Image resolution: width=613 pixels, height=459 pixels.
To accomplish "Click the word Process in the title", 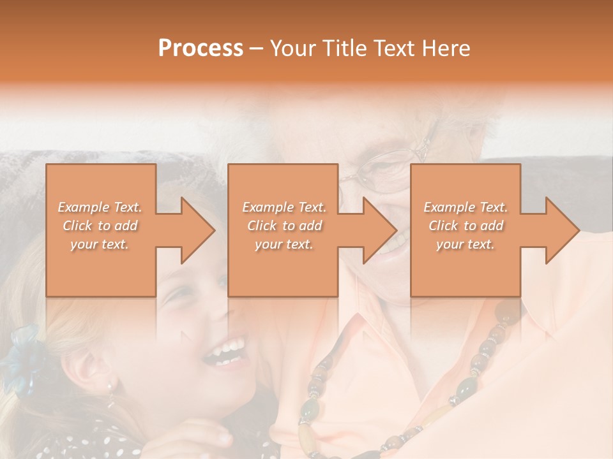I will tap(201, 48).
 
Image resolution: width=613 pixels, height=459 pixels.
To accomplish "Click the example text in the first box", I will tap(100, 225).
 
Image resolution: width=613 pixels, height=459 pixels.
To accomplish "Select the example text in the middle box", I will tap(284, 225).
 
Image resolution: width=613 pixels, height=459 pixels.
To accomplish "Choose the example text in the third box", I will tap(465, 225).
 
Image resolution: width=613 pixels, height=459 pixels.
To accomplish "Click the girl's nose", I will tap(220, 312).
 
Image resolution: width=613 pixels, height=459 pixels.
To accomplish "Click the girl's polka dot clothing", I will tap(128, 440).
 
